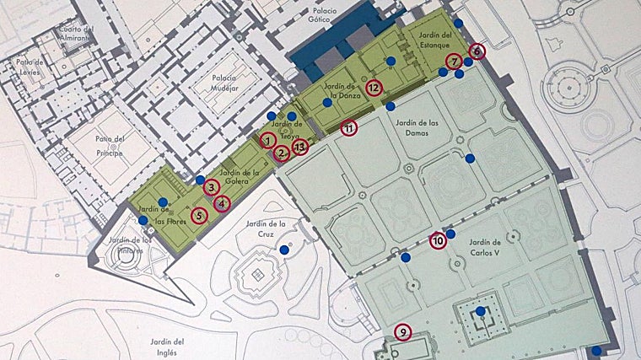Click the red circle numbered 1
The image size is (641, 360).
267,140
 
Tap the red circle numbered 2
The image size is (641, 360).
283,153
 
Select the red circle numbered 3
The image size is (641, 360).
212,187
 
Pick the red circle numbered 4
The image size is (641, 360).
222,202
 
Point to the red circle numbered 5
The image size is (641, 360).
199,215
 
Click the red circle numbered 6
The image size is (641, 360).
477,51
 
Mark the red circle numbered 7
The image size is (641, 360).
454,62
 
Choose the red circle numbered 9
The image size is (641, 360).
403,332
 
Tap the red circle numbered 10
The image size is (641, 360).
438,240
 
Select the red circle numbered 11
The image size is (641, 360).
349,128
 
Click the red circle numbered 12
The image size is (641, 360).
374,87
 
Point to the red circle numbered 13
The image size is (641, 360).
301,148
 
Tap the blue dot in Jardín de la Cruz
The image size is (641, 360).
284,250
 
